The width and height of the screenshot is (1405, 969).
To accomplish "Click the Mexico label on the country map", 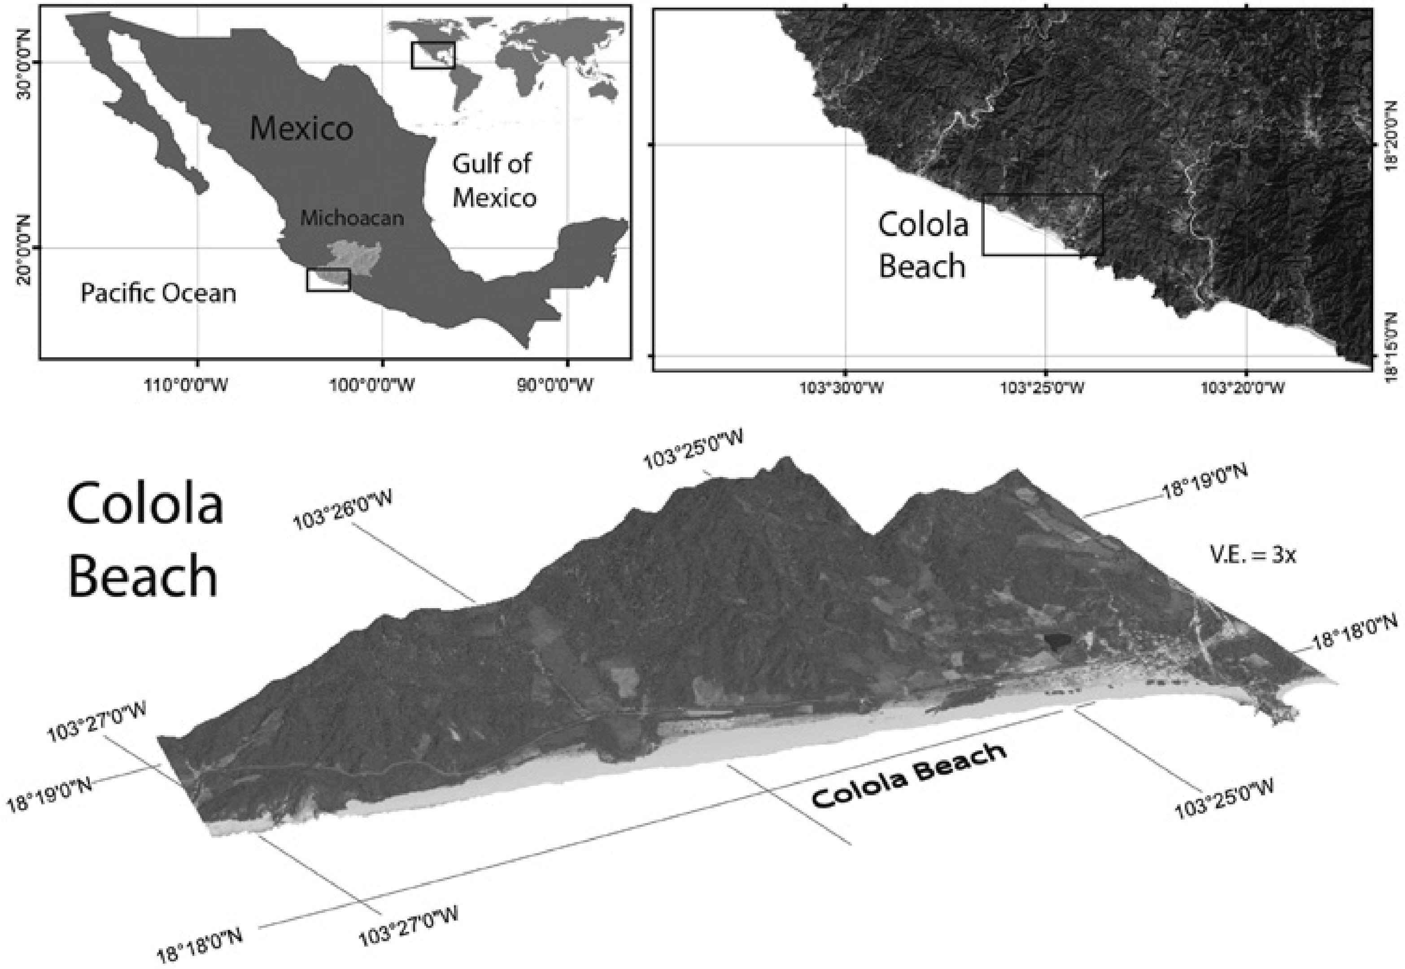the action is [301, 129].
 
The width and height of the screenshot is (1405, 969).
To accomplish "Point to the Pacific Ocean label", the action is [158, 294].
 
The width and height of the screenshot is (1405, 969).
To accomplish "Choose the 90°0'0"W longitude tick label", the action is [566, 385].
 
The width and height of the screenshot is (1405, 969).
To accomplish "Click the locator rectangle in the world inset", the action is [433, 55].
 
